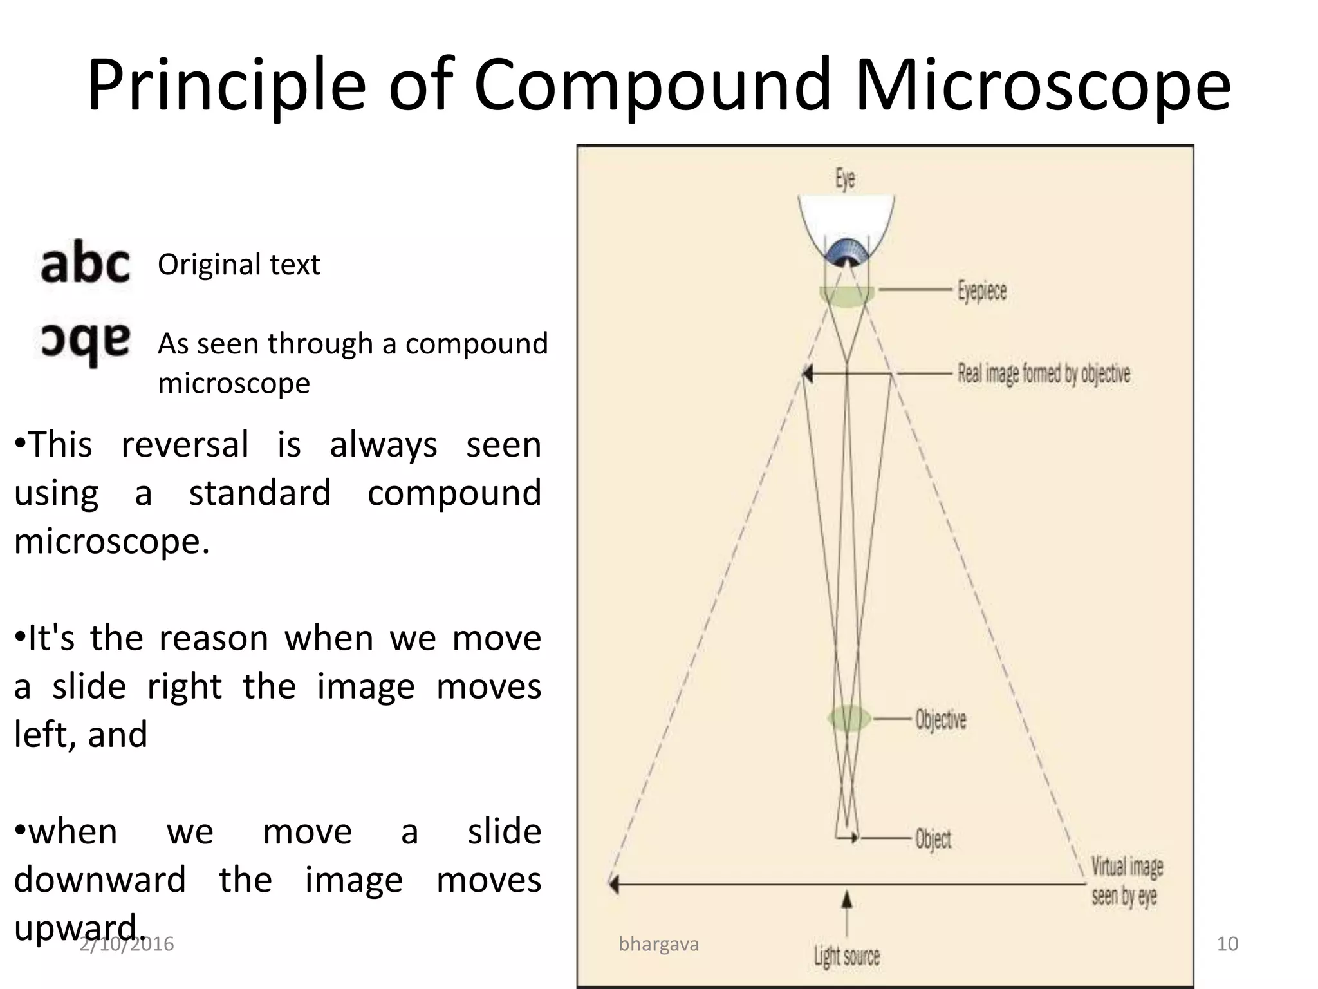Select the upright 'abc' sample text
[x=85, y=263]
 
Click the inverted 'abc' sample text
[x=85, y=343]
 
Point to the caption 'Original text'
[x=239, y=265]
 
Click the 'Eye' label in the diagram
[x=845, y=178]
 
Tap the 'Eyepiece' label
[x=981, y=291]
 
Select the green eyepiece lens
[x=846, y=296]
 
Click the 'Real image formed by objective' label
[x=1043, y=373]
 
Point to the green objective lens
[x=848, y=719]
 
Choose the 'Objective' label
[x=940, y=719]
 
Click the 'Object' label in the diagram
[x=933, y=839]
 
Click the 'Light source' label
[x=846, y=956]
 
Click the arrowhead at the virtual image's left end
[x=614, y=884]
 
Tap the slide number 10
[x=1227, y=944]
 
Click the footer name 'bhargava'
[x=658, y=944]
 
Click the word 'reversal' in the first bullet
[x=185, y=445]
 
